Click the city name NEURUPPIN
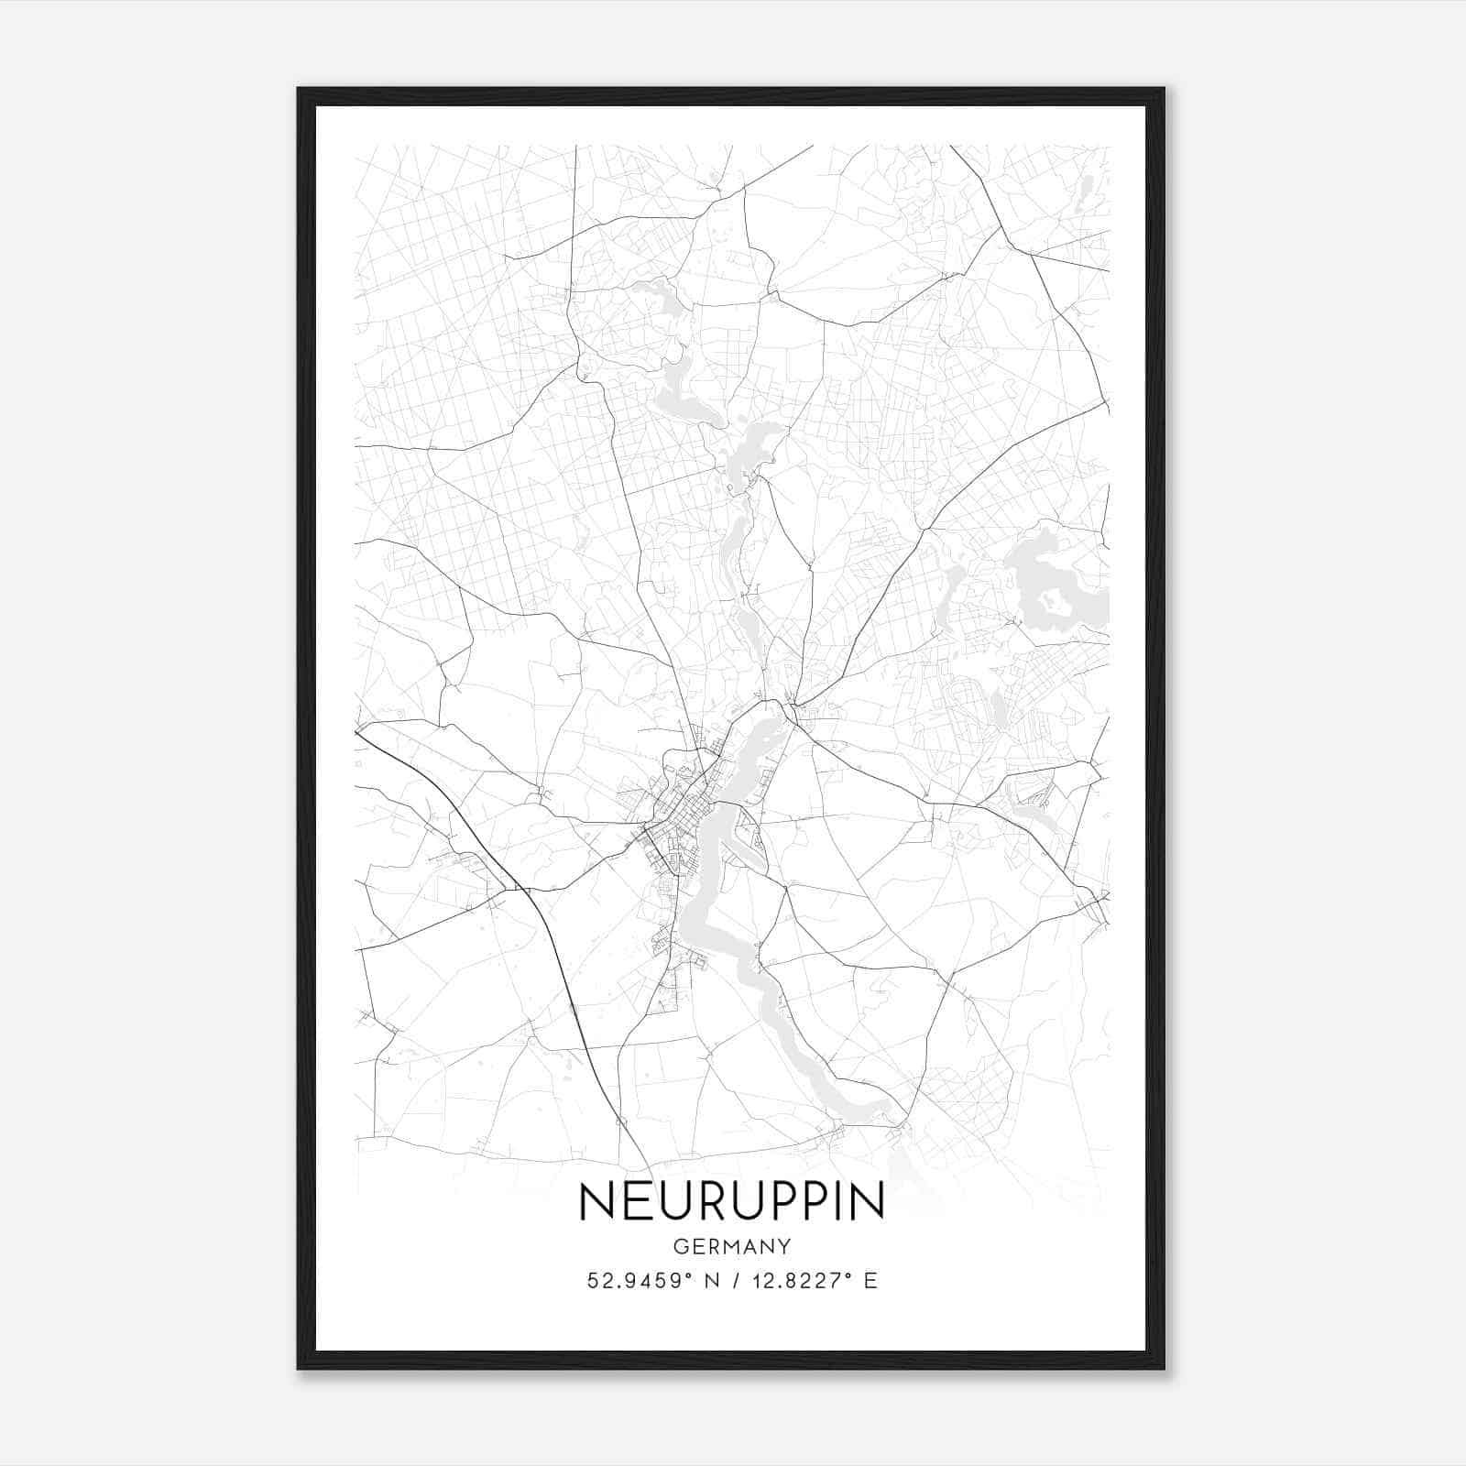731,1201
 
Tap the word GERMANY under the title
731,1247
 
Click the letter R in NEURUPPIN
719,1201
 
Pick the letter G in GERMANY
679,1247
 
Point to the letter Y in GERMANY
784,1247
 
